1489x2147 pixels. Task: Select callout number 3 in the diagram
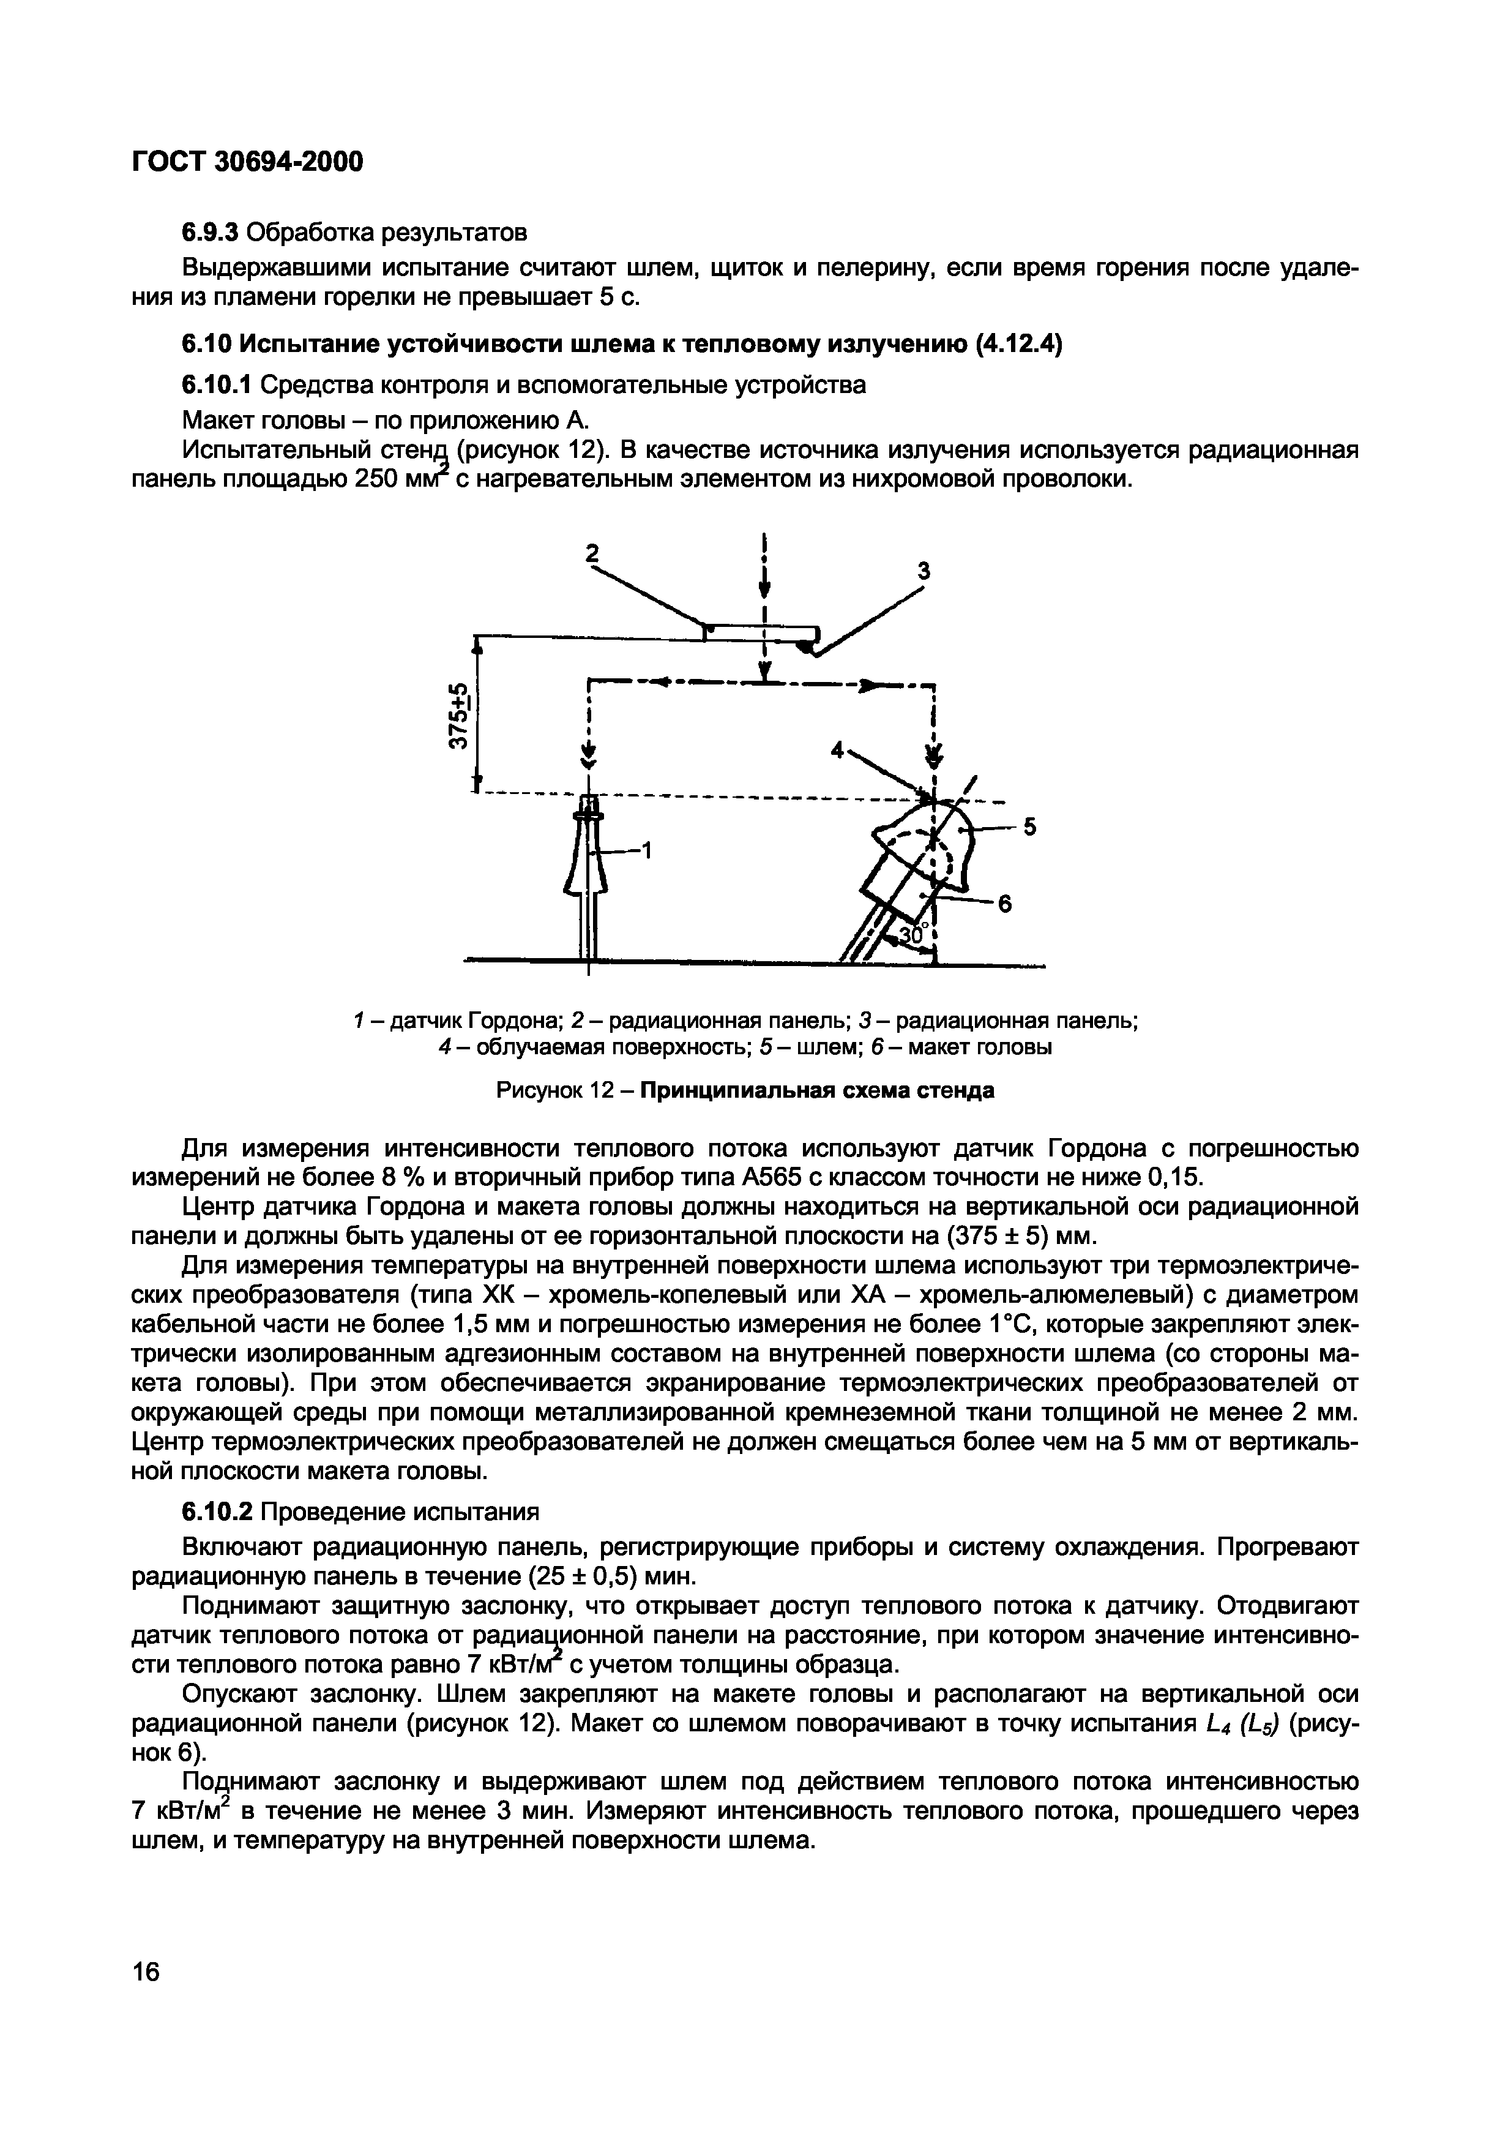point(924,571)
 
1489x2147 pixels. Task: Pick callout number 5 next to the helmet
point(1030,826)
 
